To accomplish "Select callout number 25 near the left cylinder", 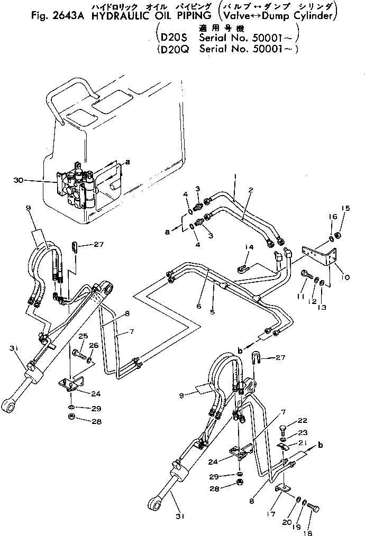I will pos(83,337).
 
